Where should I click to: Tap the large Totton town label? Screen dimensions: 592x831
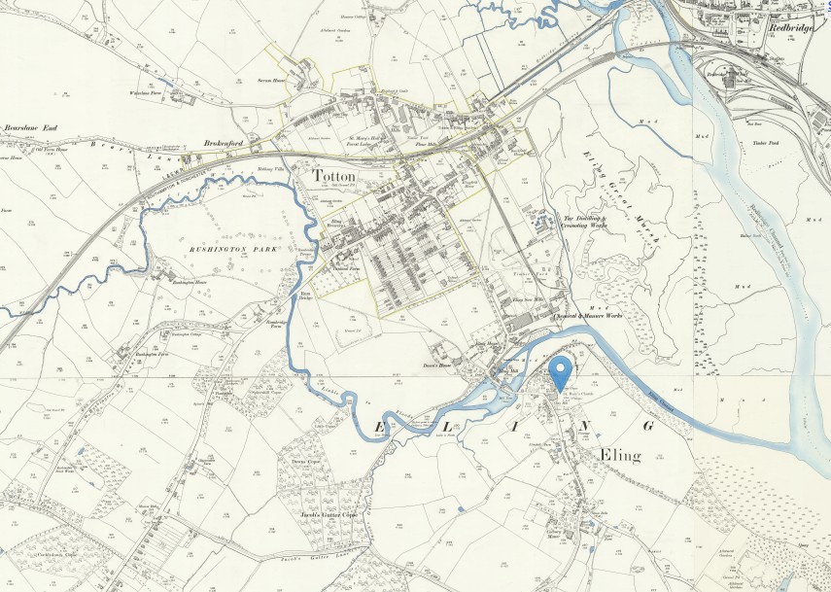334,175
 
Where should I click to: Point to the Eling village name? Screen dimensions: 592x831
620,456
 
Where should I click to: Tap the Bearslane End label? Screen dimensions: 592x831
31,127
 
